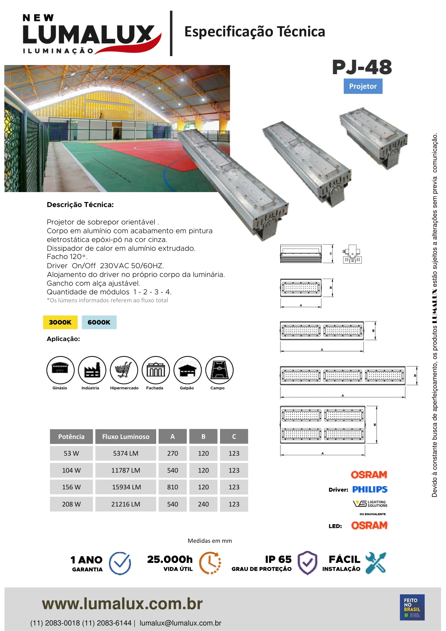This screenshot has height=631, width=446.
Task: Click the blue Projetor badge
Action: tap(363, 86)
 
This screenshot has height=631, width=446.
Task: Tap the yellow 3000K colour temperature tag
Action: tap(60, 322)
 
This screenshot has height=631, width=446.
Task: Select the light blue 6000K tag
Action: tap(99, 322)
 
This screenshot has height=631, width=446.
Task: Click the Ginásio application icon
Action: tap(60, 370)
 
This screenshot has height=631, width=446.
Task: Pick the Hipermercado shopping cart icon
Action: tap(124, 370)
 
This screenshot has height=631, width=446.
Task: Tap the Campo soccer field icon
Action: tap(219, 370)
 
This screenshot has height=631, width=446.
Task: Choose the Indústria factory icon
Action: tap(92, 370)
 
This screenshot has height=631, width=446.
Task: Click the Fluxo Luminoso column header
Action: tap(125, 436)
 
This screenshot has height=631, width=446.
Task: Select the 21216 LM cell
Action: tap(125, 504)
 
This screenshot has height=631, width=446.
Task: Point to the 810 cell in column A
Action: tap(173, 487)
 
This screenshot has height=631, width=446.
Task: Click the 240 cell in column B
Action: tap(203, 504)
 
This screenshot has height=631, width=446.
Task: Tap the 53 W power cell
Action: tap(71, 453)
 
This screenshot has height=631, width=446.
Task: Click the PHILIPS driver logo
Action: tap(370, 489)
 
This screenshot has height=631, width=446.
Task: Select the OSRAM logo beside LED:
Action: tap(369, 525)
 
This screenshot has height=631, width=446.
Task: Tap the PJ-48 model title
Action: tap(362, 67)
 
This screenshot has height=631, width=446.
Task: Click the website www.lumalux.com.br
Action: tap(122, 604)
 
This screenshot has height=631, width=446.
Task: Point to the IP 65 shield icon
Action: tap(308, 562)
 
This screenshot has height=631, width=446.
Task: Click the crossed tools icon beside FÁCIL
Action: tap(376, 562)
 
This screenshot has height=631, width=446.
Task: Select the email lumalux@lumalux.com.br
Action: tap(180, 623)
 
